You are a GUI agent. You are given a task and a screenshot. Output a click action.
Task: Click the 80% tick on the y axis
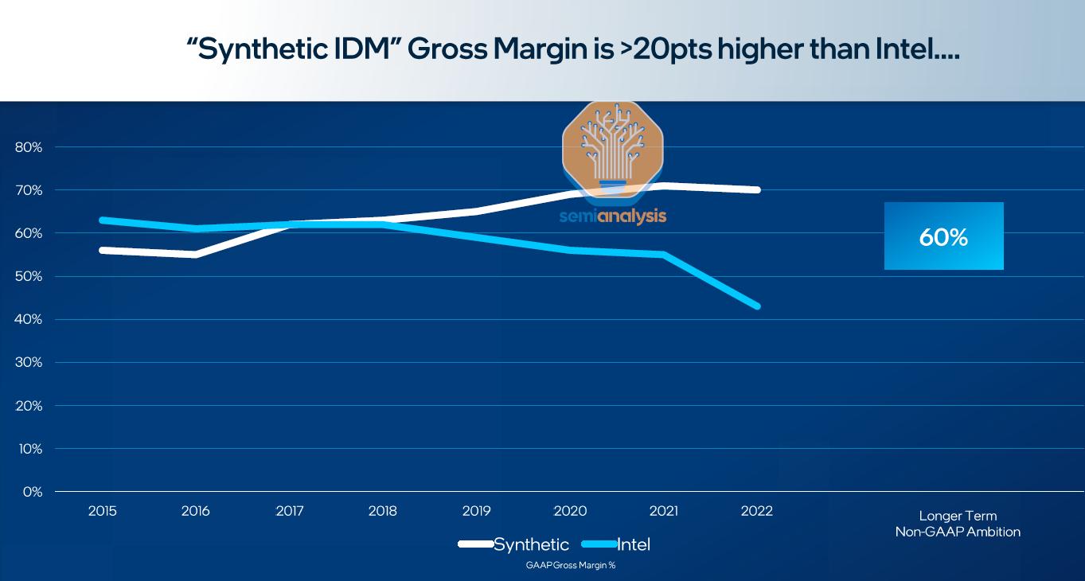28,147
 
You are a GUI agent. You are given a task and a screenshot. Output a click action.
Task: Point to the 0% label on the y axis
32,492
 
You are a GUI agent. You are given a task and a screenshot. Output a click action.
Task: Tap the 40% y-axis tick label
28,320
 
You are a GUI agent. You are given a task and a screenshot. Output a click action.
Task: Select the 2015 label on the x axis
102,511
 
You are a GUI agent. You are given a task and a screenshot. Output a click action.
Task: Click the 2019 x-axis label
476,511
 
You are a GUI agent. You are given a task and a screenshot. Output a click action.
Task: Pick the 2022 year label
756,511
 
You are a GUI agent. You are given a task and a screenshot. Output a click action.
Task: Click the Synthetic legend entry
530,544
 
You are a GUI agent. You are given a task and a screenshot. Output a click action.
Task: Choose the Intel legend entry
633,544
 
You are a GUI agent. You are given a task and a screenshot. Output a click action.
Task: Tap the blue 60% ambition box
943,236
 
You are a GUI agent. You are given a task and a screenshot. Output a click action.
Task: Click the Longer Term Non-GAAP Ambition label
958,524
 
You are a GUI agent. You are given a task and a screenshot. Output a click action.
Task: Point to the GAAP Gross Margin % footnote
571,565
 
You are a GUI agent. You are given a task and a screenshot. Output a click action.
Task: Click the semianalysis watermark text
612,216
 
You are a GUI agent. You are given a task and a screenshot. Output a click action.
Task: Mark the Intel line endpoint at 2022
757,306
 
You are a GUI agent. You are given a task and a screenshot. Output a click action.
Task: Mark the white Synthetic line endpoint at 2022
757,189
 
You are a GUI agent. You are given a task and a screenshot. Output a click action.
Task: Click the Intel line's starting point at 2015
103,220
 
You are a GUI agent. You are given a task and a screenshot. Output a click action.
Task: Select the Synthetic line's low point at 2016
195,254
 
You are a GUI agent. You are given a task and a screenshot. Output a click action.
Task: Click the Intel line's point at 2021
663,254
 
